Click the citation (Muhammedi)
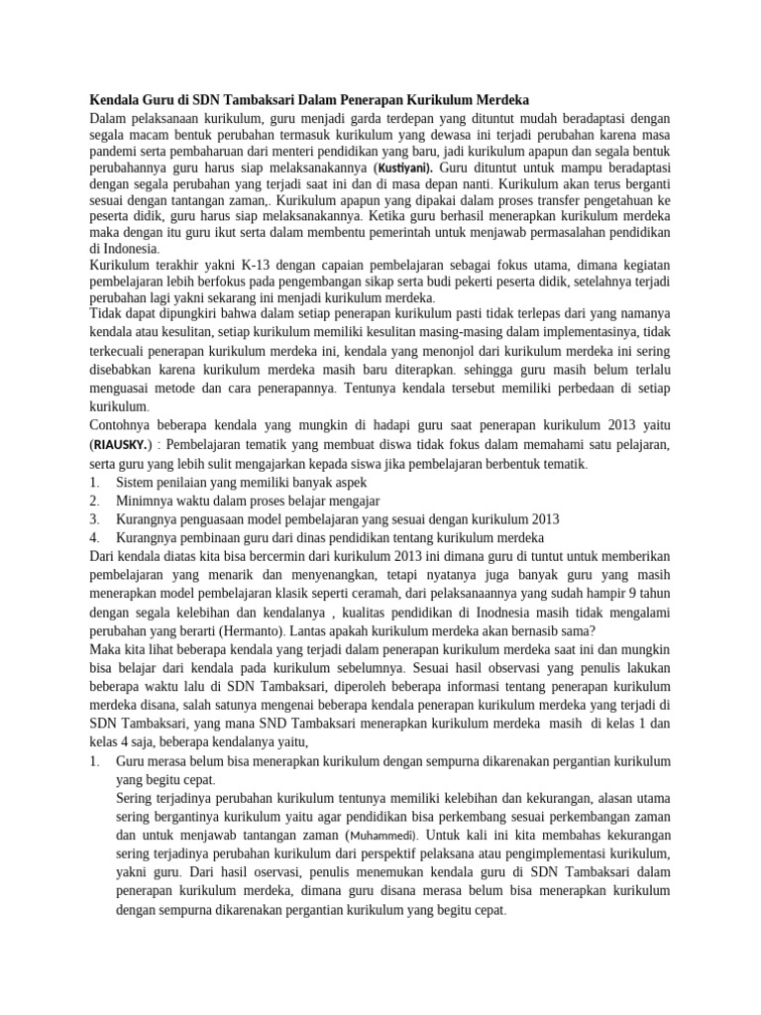click(393, 836)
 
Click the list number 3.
click(94, 518)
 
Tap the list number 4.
click(94, 537)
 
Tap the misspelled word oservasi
click(294, 872)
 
